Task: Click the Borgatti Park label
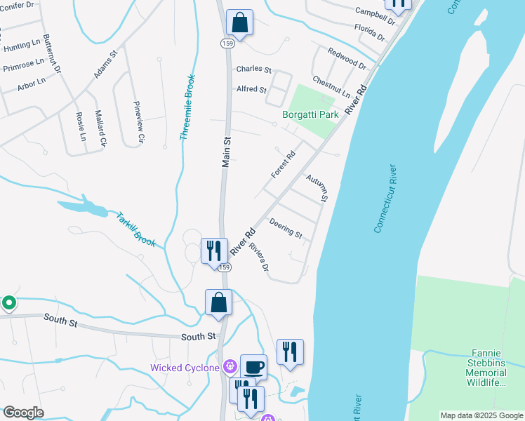point(310,114)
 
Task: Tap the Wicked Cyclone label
point(185,368)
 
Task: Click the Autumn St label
point(317,188)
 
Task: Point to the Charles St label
point(253,69)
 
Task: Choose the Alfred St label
point(251,90)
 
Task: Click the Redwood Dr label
point(347,59)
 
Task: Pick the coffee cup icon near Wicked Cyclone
point(253,367)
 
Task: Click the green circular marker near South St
point(9,303)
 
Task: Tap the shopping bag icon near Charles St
point(239,22)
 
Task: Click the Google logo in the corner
point(23,413)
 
